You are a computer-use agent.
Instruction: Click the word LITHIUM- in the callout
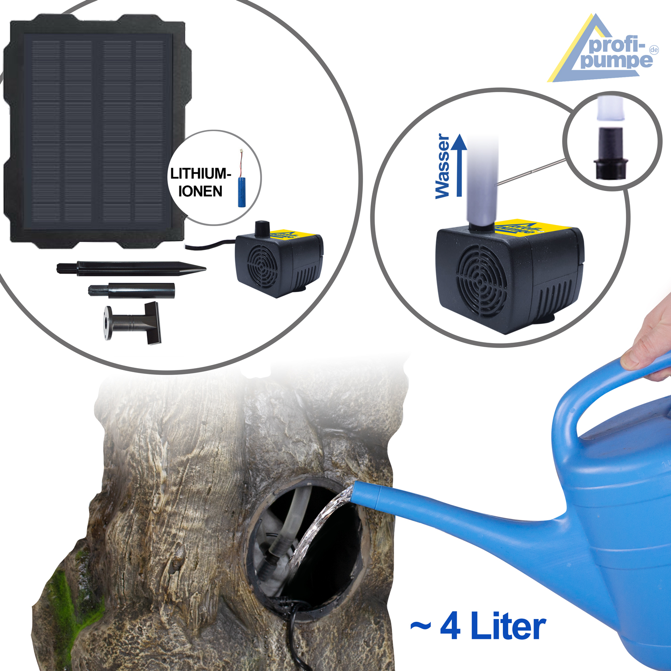200,174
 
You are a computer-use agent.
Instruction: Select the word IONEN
200,191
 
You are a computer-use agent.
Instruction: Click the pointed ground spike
131,268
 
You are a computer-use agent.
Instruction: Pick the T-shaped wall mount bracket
133,323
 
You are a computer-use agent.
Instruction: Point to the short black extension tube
131,291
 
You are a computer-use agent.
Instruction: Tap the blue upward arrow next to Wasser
459,166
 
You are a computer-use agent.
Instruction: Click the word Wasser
442,166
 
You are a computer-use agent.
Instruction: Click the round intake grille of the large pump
481,281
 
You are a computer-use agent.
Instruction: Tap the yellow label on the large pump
532,230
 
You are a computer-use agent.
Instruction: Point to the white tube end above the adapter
610,108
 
